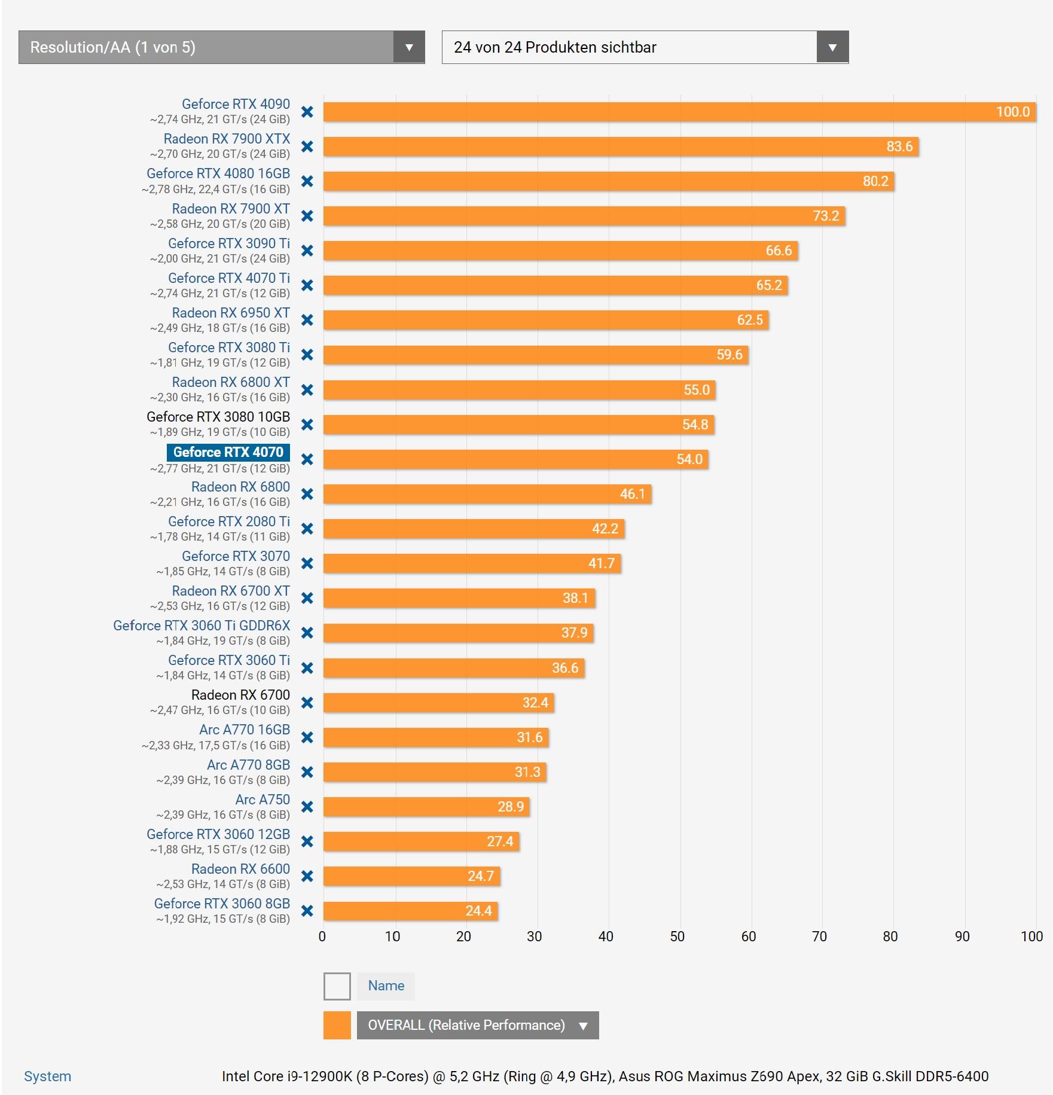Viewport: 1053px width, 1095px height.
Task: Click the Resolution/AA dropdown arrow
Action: [x=409, y=47]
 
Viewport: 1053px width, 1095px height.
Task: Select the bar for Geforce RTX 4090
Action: [x=658, y=112]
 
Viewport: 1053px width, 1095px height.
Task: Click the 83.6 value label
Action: [x=899, y=147]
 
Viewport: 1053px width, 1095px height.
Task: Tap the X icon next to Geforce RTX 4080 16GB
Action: [x=307, y=181]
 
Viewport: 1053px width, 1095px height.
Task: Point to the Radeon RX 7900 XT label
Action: [x=231, y=209]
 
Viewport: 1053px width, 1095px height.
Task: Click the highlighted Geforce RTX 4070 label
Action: [x=228, y=452]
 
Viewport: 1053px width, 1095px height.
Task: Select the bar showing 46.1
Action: [x=487, y=494]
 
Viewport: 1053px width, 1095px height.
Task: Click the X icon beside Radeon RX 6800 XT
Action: [x=307, y=390]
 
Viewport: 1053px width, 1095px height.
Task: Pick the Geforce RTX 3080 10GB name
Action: [x=218, y=417]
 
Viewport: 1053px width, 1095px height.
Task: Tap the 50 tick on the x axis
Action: [x=677, y=937]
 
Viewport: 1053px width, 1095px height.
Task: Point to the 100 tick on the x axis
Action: [x=1031, y=937]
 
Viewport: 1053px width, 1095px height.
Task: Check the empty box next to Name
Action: [x=337, y=986]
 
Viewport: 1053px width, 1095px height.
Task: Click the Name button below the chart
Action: [x=386, y=986]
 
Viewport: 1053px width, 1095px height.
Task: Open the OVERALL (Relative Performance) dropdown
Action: [x=478, y=1025]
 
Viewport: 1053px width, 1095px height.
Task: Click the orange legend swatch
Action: [x=337, y=1025]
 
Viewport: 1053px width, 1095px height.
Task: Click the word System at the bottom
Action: [x=47, y=1076]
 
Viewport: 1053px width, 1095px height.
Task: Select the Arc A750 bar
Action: [x=426, y=807]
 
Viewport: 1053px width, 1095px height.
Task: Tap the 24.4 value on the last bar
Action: [x=478, y=911]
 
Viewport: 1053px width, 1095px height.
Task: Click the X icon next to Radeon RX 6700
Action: [x=307, y=703]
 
